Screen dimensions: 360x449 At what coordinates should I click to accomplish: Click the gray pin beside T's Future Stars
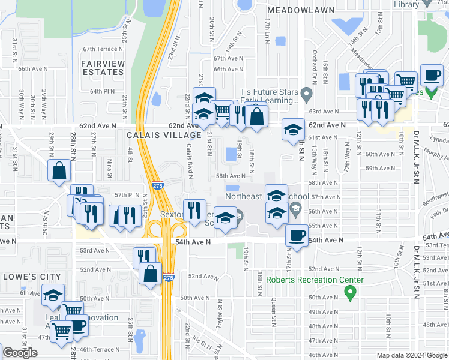pyautogui.click(x=307, y=93)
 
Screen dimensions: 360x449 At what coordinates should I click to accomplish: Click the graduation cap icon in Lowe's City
pyautogui.click(x=53, y=295)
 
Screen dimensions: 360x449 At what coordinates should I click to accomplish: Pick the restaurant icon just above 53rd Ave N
pyautogui.click(x=143, y=256)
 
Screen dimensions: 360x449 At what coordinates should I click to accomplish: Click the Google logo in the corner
pyautogui.click(x=20, y=353)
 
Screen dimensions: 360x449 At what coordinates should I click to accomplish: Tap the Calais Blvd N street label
pyautogui.click(x=188, y=161)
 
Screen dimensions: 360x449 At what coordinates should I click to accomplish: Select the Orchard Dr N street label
pyautogui.click(x=314, y=58)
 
